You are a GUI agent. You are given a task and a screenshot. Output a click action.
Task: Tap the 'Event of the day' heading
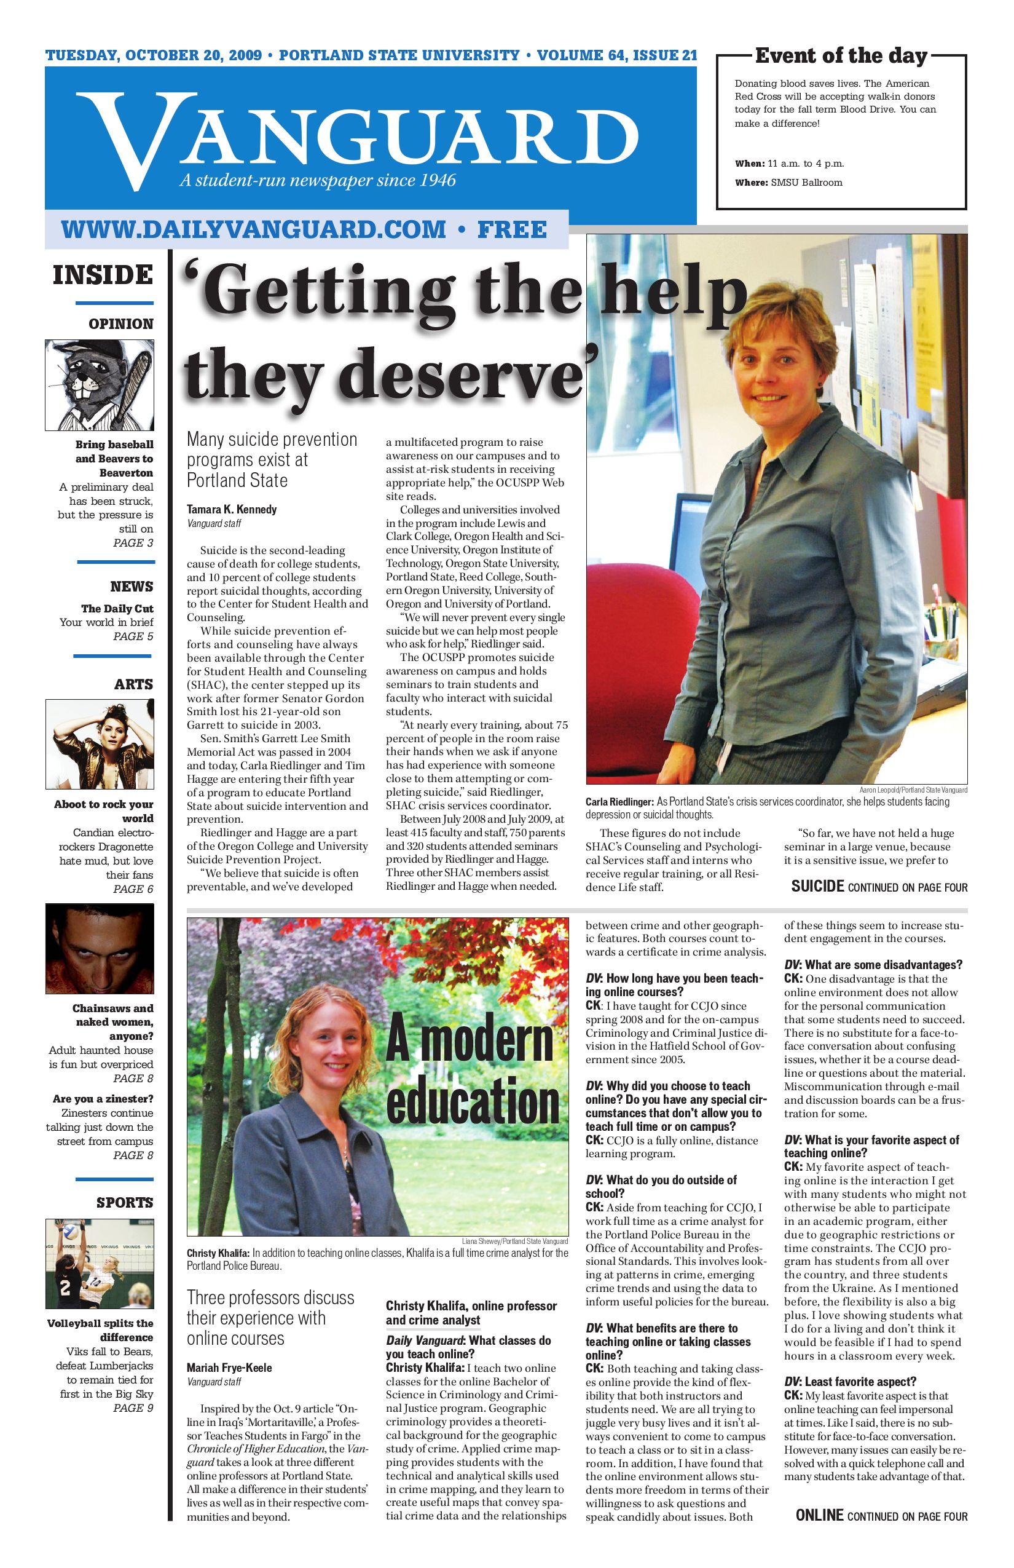(x=841, y=56)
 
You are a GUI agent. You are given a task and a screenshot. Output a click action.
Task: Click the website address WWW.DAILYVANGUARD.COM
(x=253, y=229)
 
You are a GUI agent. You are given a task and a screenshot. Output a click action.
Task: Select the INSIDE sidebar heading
(x=103, y=275)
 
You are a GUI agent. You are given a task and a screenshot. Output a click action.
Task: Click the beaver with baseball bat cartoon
(x=100, y=385)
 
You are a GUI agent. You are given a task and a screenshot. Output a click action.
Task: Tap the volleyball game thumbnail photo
(x=100, y=1263)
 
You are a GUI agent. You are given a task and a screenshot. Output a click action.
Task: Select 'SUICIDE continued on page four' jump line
(x=879, y=887)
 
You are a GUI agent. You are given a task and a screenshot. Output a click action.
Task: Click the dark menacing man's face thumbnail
(x=100, y=949)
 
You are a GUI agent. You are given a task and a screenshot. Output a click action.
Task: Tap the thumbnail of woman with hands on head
(x=100, y=744)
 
